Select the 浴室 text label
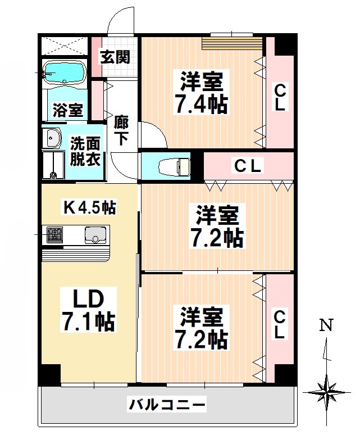tap(68, 110)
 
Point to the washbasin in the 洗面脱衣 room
tap(53, 137)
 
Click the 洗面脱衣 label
tap(85, 151)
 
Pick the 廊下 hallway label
tap(122, 130)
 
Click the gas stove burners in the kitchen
tap(55, 234)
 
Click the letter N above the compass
tap(325, 325)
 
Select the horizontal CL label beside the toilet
tap(248, 166)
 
